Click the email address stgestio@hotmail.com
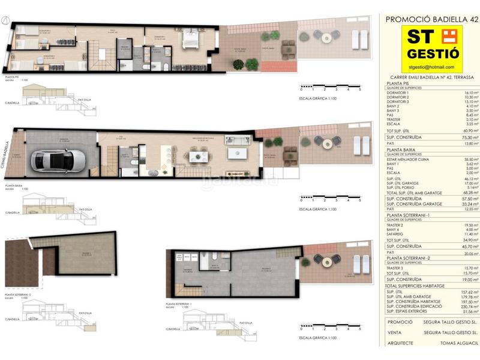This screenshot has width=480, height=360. click(x=430, y=67)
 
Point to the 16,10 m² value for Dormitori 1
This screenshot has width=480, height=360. click(x=470, y=93)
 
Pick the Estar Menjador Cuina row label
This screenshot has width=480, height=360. click(x=409, y=159)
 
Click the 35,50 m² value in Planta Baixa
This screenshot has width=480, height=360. click(x=470, y=159)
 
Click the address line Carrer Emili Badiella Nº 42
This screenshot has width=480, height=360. click(x=430, y=77)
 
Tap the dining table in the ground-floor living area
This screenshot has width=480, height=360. click(x=199, y=156)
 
